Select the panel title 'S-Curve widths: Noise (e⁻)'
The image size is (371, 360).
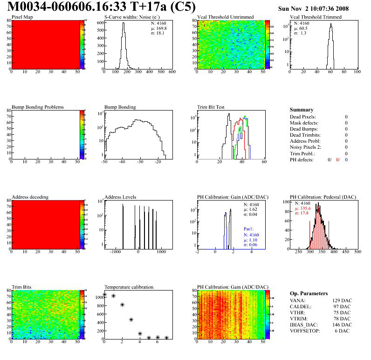point(131,17)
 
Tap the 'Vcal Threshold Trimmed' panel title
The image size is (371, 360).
point(316,17)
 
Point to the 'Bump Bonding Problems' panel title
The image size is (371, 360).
point(38,107)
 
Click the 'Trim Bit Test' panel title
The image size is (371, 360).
point(211,107)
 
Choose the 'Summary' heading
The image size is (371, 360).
point(302,110)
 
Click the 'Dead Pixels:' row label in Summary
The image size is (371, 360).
point(302,117)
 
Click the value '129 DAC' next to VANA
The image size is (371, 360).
point(340,301)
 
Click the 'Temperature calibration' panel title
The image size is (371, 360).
point(129,287)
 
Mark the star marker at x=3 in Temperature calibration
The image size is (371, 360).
point(131,319)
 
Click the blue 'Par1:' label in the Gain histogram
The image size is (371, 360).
point(249,229)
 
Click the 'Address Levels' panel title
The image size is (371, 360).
point(120,197)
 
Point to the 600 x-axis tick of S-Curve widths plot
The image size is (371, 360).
point(172,72)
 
